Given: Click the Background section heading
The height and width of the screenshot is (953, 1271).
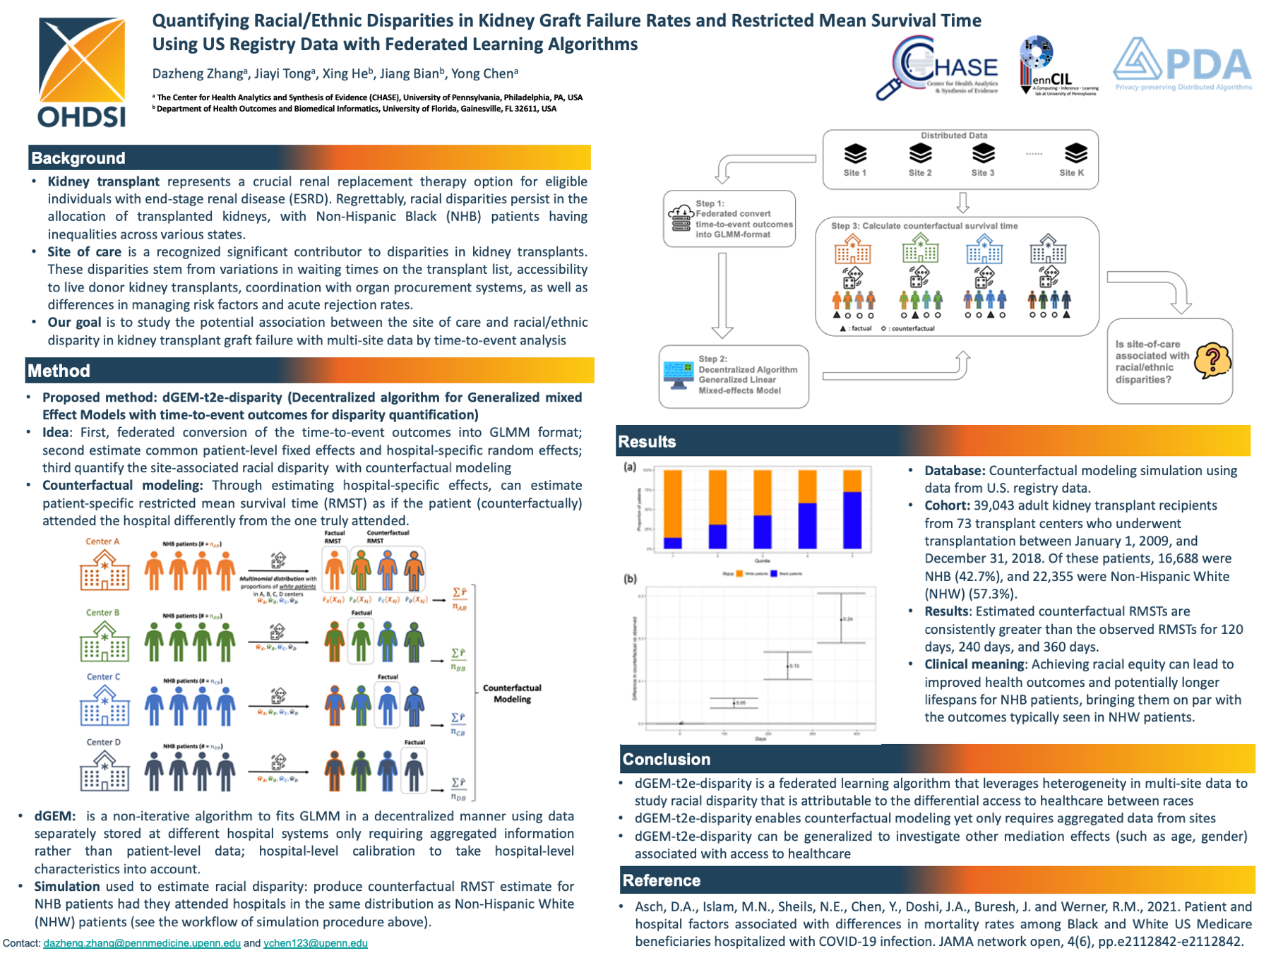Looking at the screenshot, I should pos(78,158).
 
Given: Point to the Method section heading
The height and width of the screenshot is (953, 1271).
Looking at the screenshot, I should pos(59,371).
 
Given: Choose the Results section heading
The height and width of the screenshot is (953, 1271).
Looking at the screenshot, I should pos(647,442).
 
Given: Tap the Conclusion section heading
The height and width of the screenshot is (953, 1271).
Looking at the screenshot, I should pos(666,760).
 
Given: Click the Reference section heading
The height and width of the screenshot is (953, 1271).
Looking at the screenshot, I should pos(661,880).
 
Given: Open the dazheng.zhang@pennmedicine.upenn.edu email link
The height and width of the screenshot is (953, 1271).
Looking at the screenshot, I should pos(142,943).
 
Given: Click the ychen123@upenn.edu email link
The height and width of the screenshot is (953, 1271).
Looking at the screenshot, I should pos(315,943).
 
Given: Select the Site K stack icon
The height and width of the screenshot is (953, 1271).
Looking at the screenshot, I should pos(1075,153).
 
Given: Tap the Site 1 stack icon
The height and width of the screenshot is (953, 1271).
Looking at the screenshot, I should pos(854,153).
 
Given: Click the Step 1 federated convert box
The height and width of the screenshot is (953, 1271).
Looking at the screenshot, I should pos(729,219).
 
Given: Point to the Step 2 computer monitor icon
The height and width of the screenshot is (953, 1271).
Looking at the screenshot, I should pos(679,375).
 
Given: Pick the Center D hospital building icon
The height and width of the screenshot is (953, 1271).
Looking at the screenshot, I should pos(105,771).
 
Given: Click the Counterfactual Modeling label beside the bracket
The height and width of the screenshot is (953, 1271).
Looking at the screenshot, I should pos(512,693).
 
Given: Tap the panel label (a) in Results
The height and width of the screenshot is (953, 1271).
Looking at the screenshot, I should pos(630,467).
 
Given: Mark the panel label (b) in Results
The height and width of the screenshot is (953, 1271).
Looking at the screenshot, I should pos(630,579).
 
